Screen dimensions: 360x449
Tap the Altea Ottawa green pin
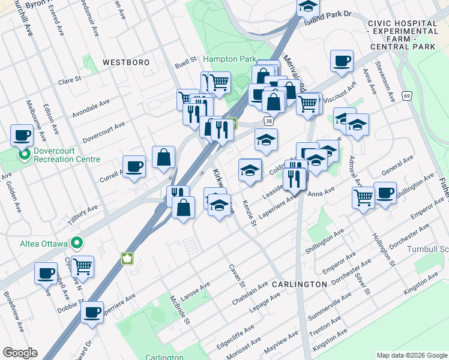pyautogui.click(x=76, y=243)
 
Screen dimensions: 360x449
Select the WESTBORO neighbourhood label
pyautogui.click(x=125, y=62)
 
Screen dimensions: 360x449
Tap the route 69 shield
pyautogui.click(x=407, y=95)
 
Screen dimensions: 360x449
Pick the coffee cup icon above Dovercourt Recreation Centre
pyautogui.click(x=22, y=134)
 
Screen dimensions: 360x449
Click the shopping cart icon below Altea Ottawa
pyautogui.click(x=82, y=265)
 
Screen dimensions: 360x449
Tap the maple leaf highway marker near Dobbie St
pyautogui.click(x=127, y=259)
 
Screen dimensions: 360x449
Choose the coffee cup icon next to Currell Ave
pyautogui.click(x=134, y=166)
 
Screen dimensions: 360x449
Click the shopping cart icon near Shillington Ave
pyautogui.click(x=363, y=196)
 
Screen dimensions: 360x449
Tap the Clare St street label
pyautogui.click(x=70, y=80)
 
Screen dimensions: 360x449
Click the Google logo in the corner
pyautogui.click(x=20, y=353)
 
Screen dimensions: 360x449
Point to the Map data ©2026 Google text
pyautogui.click(x=411, y=355)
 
